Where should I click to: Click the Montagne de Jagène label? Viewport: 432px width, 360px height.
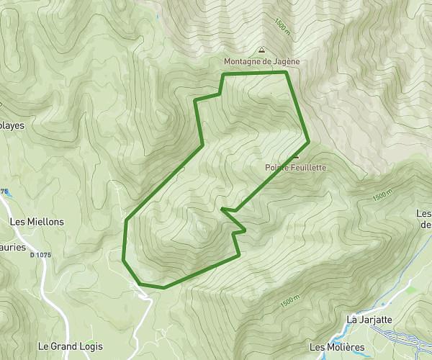(261, 62)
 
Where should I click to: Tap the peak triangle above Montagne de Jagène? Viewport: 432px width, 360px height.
(261, 51)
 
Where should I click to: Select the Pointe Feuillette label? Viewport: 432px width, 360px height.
(295, 167)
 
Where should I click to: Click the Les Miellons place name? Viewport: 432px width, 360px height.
(37, 222)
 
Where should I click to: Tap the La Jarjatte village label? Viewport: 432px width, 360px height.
(369, 319)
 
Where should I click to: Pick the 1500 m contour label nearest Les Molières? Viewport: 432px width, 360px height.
(288, 303)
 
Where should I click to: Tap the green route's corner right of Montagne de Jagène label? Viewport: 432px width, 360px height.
(287, 72)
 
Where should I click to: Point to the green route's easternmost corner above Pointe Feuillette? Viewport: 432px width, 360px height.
(308, 140)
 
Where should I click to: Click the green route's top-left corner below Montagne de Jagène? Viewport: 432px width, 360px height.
(222, 74)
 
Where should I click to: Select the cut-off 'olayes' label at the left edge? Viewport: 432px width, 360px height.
(12, 125)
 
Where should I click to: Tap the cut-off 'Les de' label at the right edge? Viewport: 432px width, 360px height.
(424, 218)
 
